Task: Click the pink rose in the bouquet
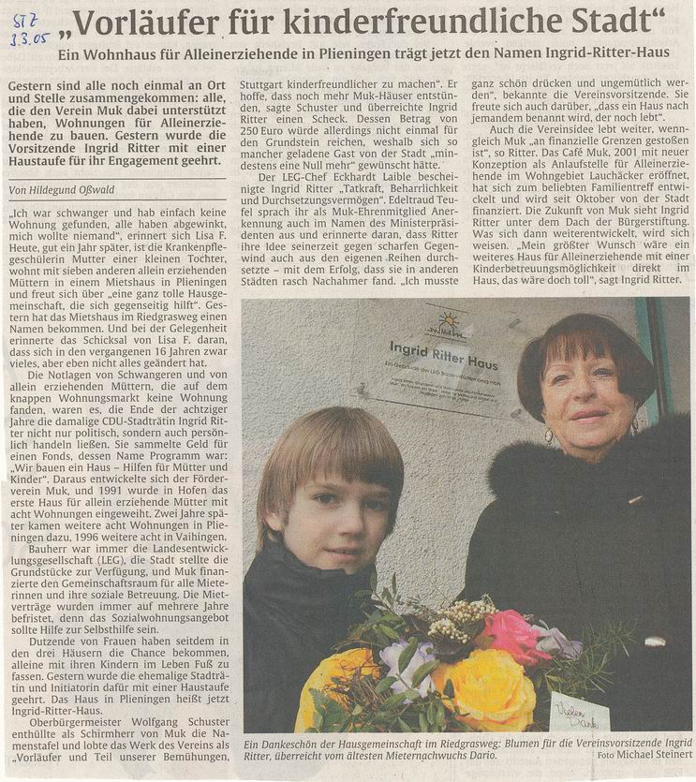coord(514,636)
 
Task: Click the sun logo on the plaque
coord(446,322)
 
